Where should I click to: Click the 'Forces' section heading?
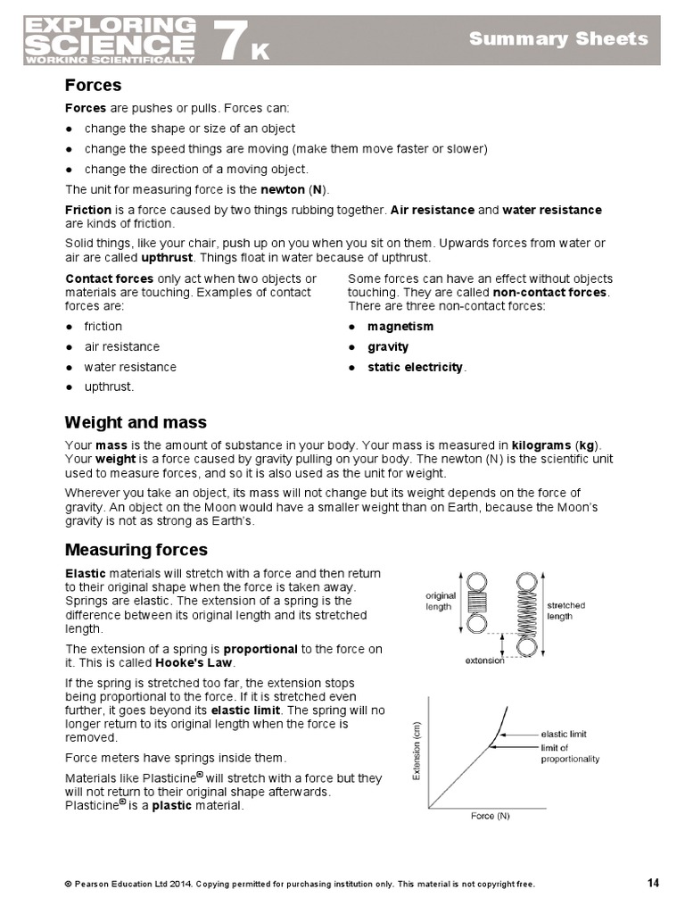pos(93,86)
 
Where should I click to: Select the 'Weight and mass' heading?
pos(136,422)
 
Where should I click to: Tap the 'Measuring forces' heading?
pos(136,550)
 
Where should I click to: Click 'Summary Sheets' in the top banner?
pos(558,38)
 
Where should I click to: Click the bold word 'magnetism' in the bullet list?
pos(400,327)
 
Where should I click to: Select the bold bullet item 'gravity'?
pos(388,347)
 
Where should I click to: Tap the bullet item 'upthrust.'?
pos(109,386)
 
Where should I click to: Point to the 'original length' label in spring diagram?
pos(441,600)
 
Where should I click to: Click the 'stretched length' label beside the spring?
pos(565,611)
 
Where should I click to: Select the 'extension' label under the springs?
pos(485,661)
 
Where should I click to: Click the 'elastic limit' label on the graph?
pos(564,734)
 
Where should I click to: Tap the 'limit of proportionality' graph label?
pos(570,753)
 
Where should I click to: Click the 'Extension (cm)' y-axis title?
pos(416,752)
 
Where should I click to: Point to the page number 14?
pos(653,884)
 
